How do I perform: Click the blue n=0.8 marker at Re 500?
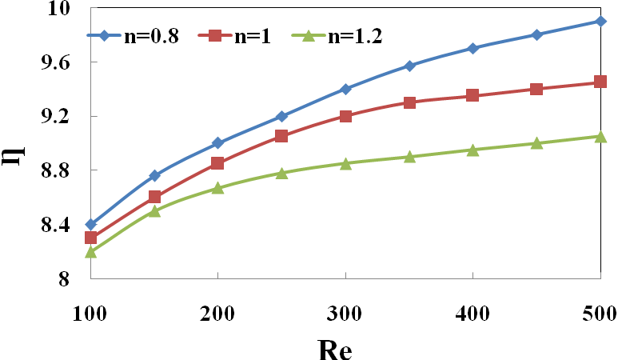click(x=600, y=21)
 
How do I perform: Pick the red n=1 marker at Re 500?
click(x=600, y=82)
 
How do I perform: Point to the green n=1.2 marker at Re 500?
click(x=600, y=137)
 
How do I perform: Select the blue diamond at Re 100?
click(x=90, y=225)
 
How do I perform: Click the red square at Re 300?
click(x=345, y=116)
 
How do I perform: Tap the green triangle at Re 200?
click(x=217, y=188)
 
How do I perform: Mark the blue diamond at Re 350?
click(x=409, y=66)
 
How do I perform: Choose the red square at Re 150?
click(x=154, y=197)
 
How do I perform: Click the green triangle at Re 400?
click(x=473, y=150)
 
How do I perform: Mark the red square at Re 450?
click(x=536, y=89)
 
